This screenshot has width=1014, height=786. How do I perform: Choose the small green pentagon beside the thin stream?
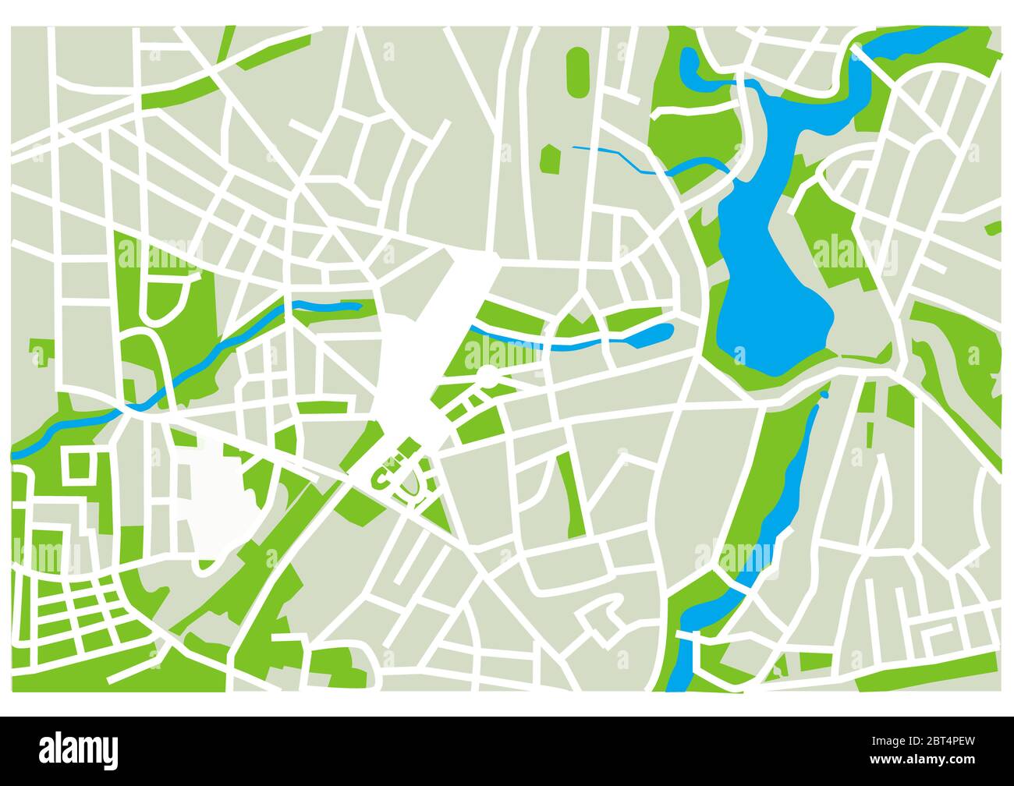click(550, 159)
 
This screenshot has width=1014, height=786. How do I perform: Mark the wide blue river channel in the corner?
click(920, 39)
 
